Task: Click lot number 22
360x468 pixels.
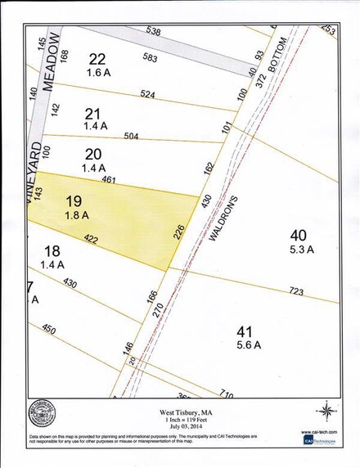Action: point(98,59)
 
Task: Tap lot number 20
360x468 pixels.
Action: point(93,154)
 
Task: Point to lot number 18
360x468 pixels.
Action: point(52,252)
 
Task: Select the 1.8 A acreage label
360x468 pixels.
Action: point(77,217)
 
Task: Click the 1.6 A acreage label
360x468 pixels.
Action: point(99,73)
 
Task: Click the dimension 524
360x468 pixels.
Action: point(148,94)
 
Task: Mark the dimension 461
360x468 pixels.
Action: point(107,178)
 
